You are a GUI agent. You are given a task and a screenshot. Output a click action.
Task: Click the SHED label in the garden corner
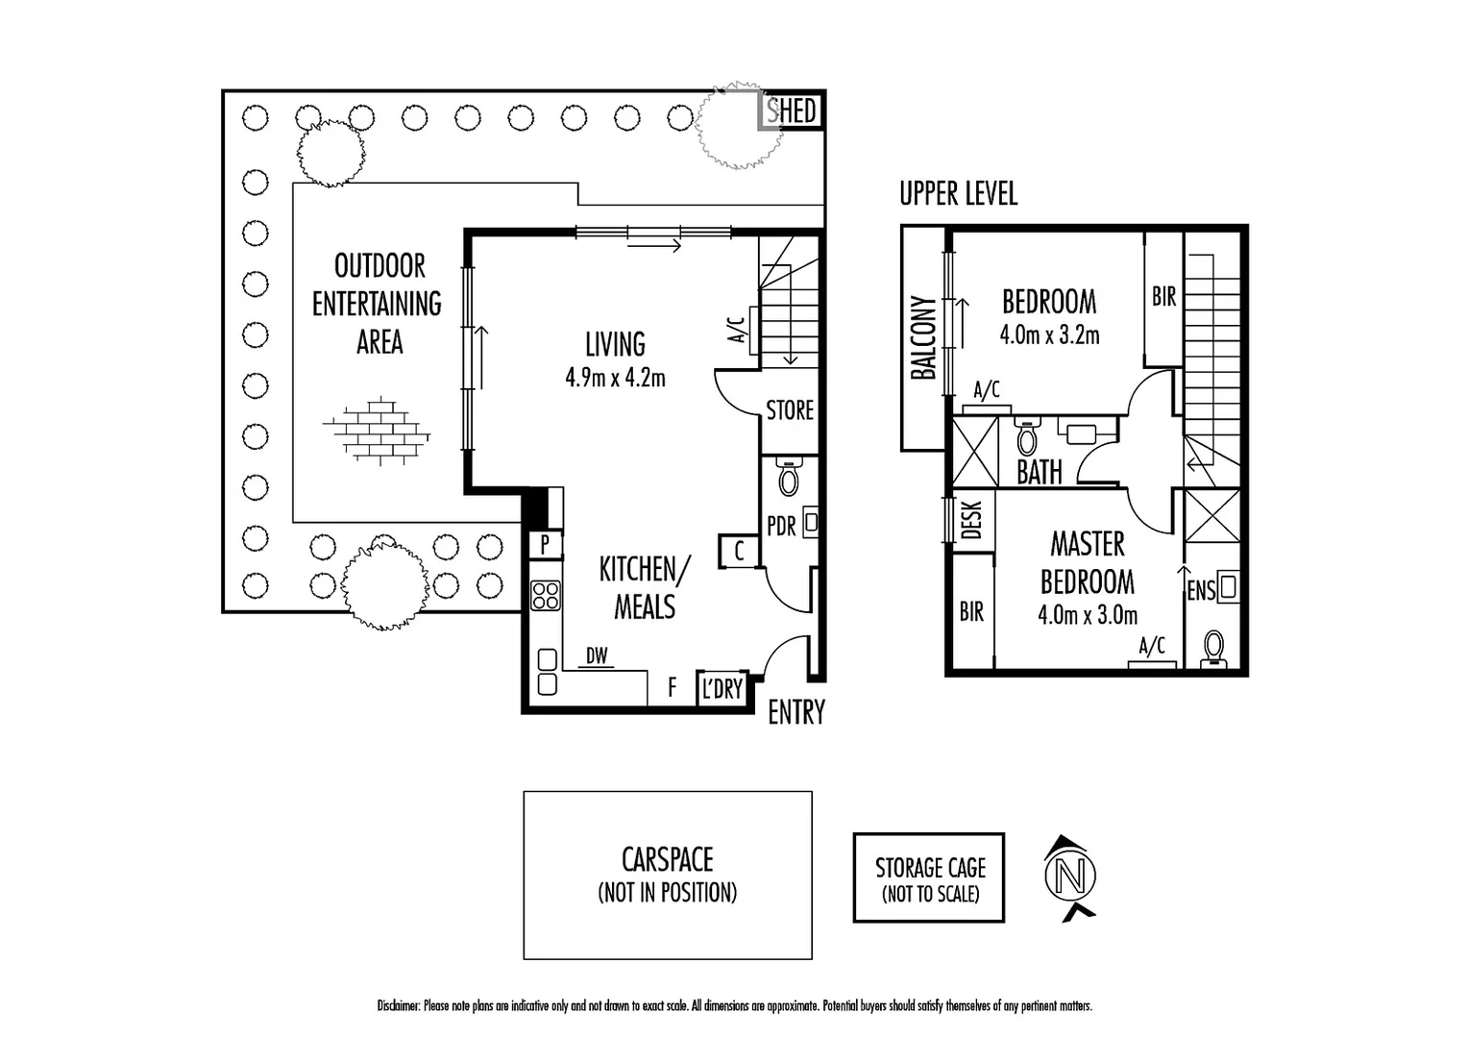click(792, 111)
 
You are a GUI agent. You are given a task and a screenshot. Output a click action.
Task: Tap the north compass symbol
click(1070, 877)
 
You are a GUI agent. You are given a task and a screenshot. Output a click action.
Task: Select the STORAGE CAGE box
click(929, 878)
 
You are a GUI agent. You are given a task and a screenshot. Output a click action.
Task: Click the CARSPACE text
click(668, 859)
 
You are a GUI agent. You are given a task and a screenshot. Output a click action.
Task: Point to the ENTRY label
click(796, 712)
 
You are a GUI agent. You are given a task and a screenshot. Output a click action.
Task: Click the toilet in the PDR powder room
click(789, 477)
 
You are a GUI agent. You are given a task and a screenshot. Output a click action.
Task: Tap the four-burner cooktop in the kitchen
click(546, 596)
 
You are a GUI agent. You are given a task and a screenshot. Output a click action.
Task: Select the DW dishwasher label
click(597, 655)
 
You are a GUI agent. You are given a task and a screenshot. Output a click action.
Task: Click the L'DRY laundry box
click(722, 688)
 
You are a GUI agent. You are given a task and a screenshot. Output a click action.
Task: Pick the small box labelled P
click(545, 545)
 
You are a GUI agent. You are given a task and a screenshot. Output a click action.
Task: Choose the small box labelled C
click(739, 551)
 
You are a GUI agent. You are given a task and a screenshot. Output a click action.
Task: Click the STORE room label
click(790, 410)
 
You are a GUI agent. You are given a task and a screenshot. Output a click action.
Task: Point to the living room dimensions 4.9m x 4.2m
click(615, 378)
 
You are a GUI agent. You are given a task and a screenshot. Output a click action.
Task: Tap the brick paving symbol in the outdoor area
click(377, 430)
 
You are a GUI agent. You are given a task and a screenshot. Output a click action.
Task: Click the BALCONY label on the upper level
click(922, 338)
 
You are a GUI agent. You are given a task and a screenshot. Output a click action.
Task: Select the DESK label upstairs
click(971, 520)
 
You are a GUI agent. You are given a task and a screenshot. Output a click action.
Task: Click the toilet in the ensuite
click(1214, 649)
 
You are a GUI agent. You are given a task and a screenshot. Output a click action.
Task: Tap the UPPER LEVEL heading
click(958, 193)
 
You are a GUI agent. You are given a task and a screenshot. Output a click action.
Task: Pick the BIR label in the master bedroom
click(971, 611)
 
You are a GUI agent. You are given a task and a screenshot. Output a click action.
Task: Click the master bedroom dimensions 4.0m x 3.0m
click(1088, 615)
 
